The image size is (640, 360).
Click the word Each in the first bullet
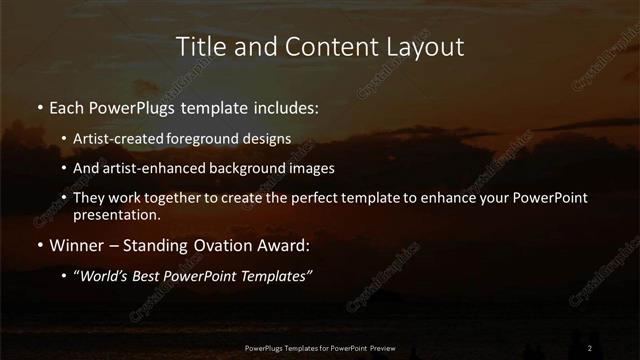66,105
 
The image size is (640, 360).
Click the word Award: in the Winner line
282,243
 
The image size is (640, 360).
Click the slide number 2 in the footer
590,347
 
